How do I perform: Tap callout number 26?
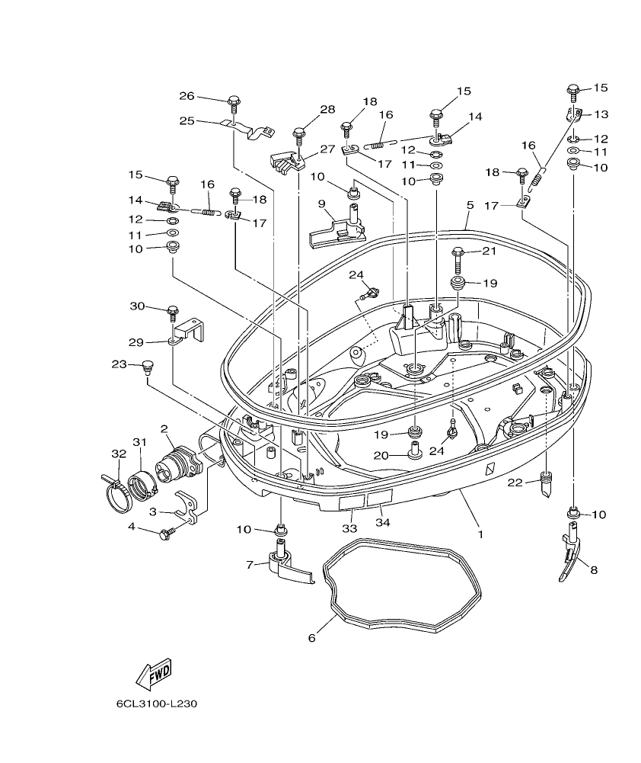[x=187, y=96]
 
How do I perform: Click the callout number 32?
[x=118, y=454]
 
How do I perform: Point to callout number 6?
[x=311, y=637]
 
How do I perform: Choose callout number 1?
[x=480, y=534]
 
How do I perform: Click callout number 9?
[x=321, y=204]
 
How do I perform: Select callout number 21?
[x=488, y=252]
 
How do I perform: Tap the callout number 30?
[x=137, y=306]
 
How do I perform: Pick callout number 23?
[x=118, y=364]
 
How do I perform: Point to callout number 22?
[x=515, y=482]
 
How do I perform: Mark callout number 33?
[x=349, y=528]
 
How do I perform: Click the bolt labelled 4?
[x=165, y=535]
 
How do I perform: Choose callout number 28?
[x=327, y=110]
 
